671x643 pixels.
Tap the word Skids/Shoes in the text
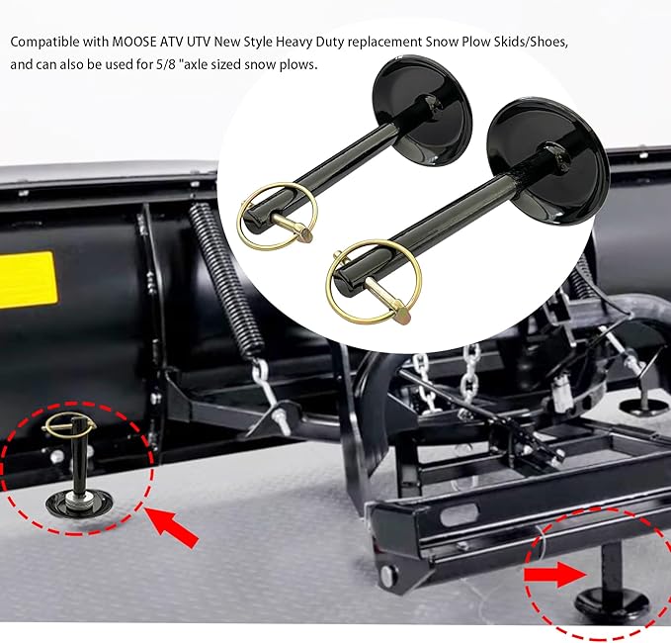click(x=526, y=45)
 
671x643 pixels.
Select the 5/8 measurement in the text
click(x=204, y=65)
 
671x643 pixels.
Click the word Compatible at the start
click(x=46, y=45)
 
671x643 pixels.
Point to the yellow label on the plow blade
click(x=26, y=280)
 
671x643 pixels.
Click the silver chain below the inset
click(x=427, y=381)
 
